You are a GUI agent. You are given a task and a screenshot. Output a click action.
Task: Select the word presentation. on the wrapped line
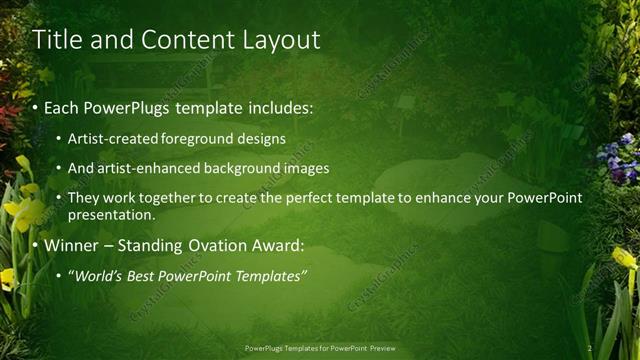tap(112, 214)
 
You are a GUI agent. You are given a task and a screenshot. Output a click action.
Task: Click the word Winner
tap(70, 245)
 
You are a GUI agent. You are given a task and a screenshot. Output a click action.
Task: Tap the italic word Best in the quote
tap(148, 275)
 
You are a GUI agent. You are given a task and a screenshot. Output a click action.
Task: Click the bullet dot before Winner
tap(36, 246)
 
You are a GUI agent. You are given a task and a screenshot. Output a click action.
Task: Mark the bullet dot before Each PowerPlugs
tap(36, 106)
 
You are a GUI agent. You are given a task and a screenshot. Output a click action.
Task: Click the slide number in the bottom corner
tap(591, 348)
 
